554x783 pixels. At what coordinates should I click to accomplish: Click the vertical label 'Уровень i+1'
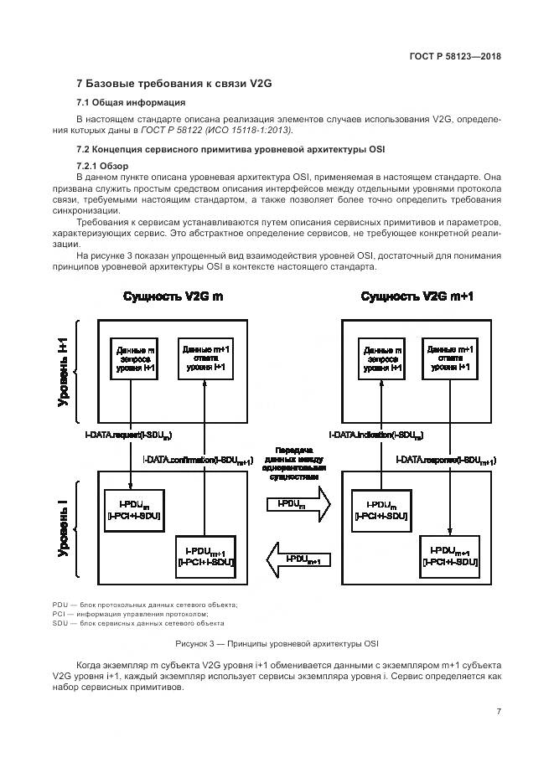(x=64, y=373)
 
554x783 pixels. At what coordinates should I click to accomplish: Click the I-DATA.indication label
(x=375, y=435)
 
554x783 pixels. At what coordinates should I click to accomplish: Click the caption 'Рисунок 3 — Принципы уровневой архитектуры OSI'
(x=276, y=643)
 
